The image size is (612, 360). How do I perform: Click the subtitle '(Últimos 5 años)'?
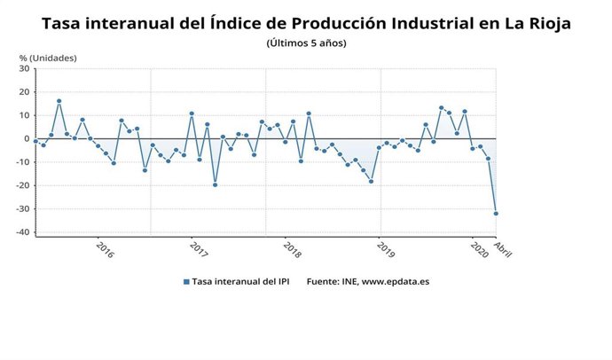pyautogui.click(x=306, y=43)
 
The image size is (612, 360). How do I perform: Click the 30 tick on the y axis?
pyautogui.click(x=23, y=68)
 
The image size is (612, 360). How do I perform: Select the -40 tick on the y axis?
pyautogui.click(x=21, y=232)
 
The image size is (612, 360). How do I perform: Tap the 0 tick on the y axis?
pyautogui.click(x=26, y=138)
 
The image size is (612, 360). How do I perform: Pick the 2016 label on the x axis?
pyautogui.click(x=104, y=251)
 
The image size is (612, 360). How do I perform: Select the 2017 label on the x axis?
pyautogui.click(x=198, y=251)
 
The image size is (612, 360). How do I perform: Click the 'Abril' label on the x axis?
pyautogui.click(x=502, y=249)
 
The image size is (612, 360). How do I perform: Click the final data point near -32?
pyautogui.click(x=496, y=214)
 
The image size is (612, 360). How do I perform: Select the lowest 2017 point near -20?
pyautogui.click(x=215, y=184)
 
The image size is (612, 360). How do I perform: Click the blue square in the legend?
pyautogui.click(x=186, y=281)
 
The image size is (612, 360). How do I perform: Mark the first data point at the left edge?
pyautogui.click(x=35, y=141)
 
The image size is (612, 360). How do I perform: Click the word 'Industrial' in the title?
pyautogui.click(x=407, y=23)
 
